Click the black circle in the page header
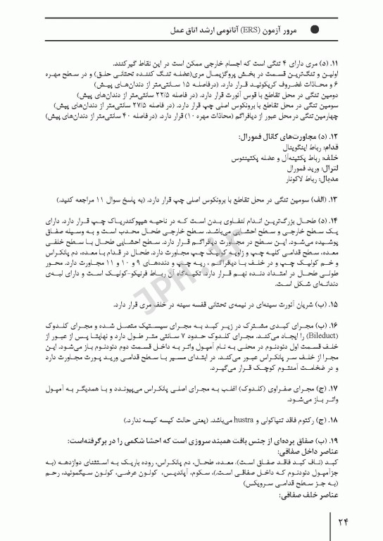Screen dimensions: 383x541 tap(315, 30)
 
